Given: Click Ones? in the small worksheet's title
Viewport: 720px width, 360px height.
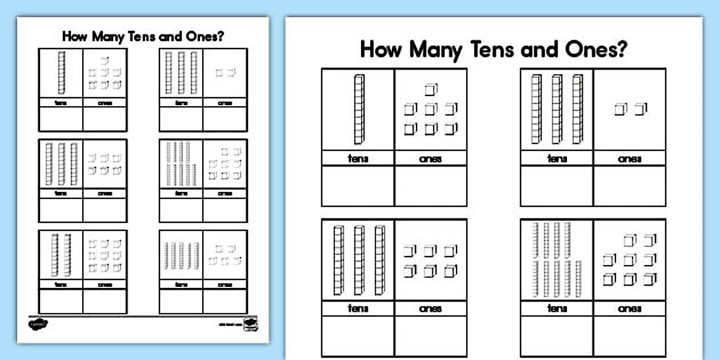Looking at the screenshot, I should tap(207, 37).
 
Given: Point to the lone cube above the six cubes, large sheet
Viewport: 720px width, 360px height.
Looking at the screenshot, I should tap(430, 90).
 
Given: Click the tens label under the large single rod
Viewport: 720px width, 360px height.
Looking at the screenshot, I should tap(358, 158).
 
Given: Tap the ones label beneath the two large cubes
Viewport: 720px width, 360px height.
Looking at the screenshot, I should tap(629, 158).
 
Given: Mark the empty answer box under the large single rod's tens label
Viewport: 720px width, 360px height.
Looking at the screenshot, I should tap(358, 186).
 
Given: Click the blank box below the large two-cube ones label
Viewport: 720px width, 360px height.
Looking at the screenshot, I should tap(629, 186).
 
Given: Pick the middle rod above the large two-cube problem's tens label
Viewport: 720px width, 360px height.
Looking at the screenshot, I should tap(557, 109).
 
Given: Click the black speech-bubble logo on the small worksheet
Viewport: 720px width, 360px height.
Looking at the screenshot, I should tap(38, 324).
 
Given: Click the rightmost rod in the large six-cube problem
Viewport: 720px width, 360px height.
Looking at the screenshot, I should tap(379, 260).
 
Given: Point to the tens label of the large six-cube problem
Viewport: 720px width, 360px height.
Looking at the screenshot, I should tap(358, 309).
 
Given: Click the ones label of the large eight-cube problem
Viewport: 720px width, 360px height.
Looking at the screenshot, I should tap(629, 309).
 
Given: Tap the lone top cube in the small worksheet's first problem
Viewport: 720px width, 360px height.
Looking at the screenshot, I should tap(104, 60).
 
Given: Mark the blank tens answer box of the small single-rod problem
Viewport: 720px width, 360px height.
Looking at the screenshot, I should tap(61, 119).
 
